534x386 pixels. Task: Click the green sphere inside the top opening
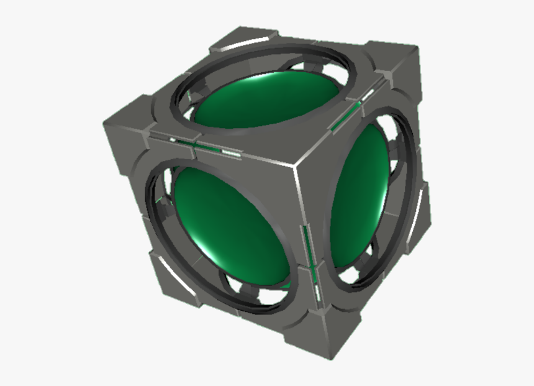coord(267,103)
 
